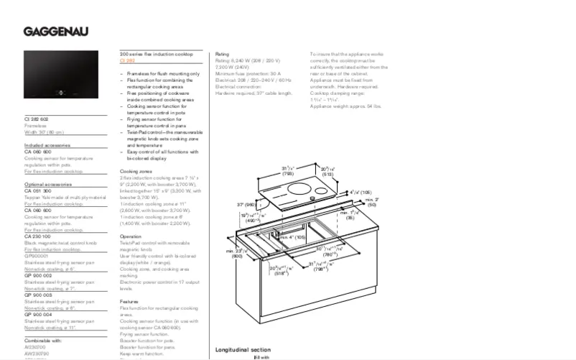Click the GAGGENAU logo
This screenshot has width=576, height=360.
(55, 30)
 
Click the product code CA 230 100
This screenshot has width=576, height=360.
(38, 236)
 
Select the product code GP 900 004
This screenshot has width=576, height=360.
(38, 315)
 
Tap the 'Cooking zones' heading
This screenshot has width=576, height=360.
(135, 172)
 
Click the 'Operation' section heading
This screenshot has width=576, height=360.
(131, 236)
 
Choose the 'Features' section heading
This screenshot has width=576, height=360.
(129, 302)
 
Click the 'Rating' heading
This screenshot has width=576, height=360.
(222, 55)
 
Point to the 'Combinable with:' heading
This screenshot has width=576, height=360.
(43, 340)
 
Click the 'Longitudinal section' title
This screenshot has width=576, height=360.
(243, 350)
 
